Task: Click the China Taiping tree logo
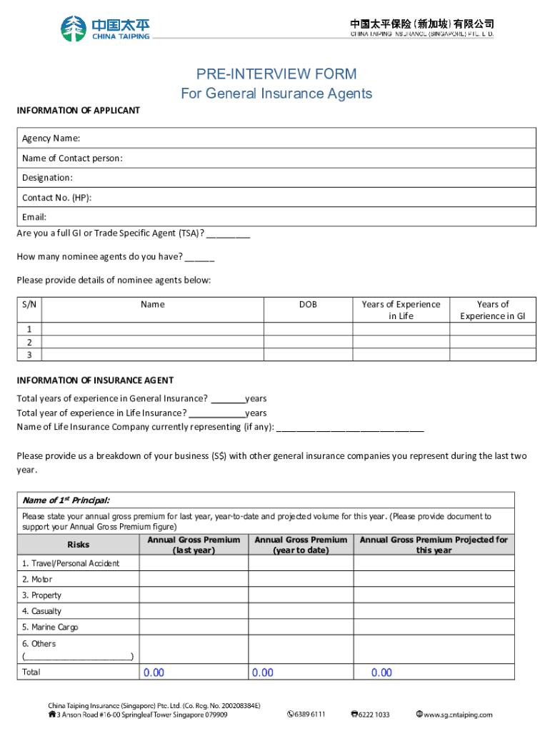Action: (x=73, y=29)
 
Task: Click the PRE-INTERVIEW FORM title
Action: (x=276, y=74)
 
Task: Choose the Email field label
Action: (x=34, y=217)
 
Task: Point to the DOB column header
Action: (x=308, y=304)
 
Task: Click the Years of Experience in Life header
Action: (x=401, y=310)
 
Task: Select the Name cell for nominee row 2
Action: (x=153, y=342)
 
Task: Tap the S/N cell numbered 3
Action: (x=29, y=355)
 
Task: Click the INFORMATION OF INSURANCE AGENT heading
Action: (x=95, y=380)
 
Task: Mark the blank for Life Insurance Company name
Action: (x=349, y=428)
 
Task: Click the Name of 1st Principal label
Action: (x=66, y=500)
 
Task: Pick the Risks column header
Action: (x=79, y=545)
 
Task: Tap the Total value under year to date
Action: (x=262, y=672)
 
